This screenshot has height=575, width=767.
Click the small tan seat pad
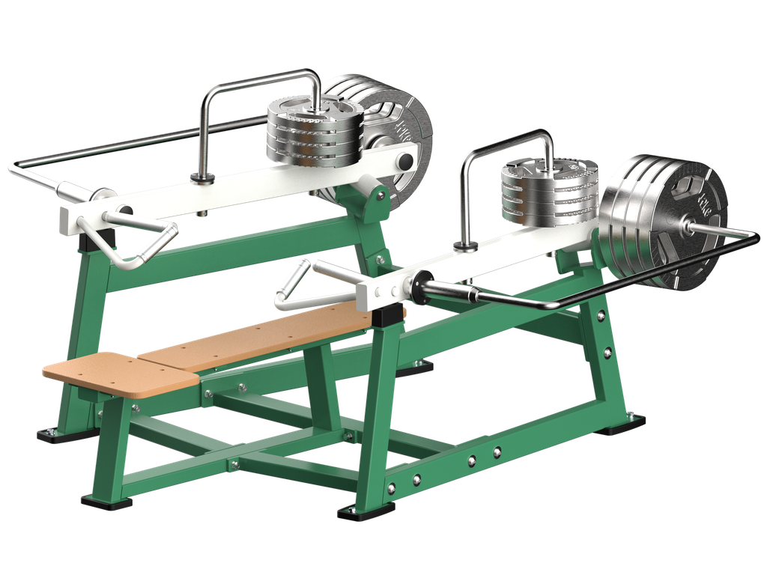[x=120, y=371]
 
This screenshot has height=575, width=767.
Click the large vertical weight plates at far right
[x=663, y=217]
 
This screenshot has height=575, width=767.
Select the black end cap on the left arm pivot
[x=405, y=161]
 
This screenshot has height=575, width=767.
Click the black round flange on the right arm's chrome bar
[x=416, y=285]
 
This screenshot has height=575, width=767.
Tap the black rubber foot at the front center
[x=365, y=512]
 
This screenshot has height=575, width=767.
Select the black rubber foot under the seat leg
[x=106, y=501]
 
